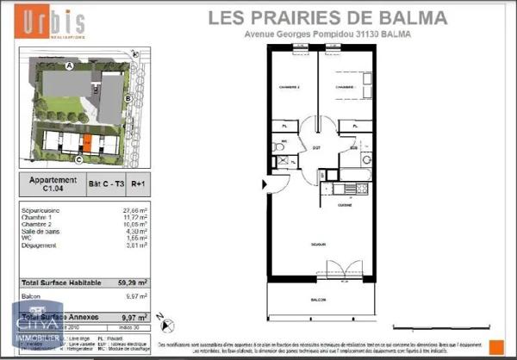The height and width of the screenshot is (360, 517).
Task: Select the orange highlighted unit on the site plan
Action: click(86, 142)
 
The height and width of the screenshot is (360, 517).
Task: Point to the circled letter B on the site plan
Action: click(128, 99)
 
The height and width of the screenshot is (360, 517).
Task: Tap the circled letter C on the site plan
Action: click(78, 159)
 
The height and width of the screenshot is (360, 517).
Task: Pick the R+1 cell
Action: click(140, 183)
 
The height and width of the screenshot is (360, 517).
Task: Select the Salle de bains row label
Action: click(42, 232)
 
